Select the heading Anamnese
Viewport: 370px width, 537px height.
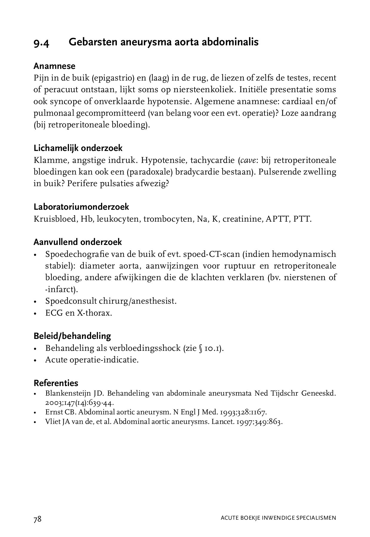tap(54, 66)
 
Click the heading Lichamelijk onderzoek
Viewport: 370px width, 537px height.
tap(78, 148)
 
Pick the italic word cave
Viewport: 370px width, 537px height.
tap(248, 161)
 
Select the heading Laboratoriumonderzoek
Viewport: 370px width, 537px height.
tap(81, 206)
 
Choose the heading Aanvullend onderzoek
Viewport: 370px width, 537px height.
tap(78, 242)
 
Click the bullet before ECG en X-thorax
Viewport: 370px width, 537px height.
tap(36, 314)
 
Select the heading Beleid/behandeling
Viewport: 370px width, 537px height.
tap(72, 336)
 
